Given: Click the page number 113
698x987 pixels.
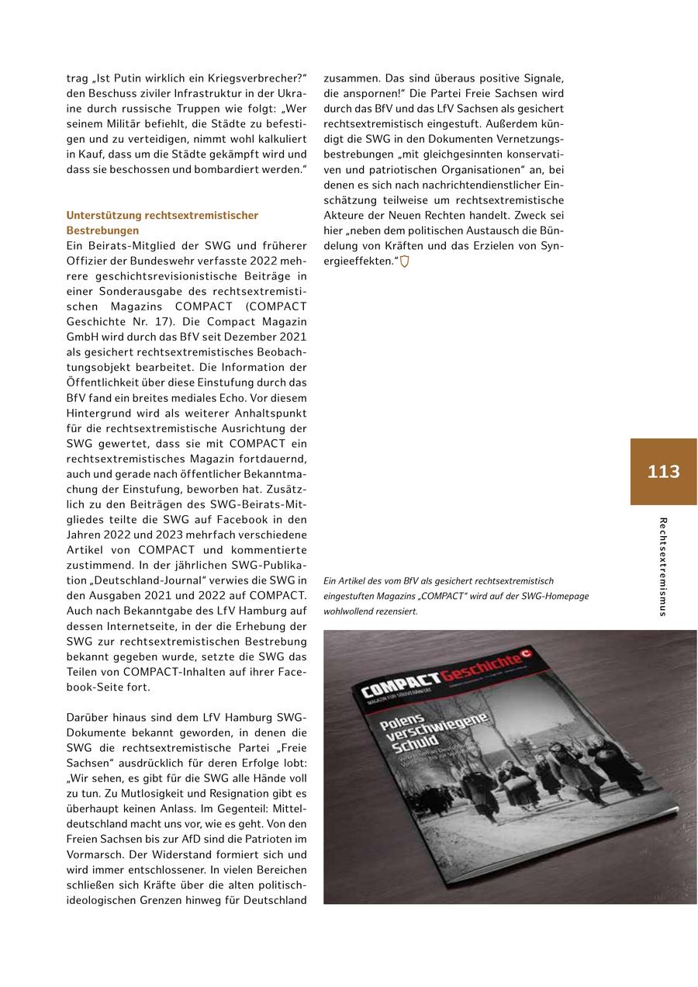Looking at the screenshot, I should [663, 472].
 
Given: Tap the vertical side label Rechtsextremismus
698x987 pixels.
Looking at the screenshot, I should [662, 566].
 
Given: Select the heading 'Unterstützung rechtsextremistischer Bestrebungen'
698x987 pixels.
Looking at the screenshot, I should [162, 223].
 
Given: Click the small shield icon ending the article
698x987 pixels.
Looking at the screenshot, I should [404, 261].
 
